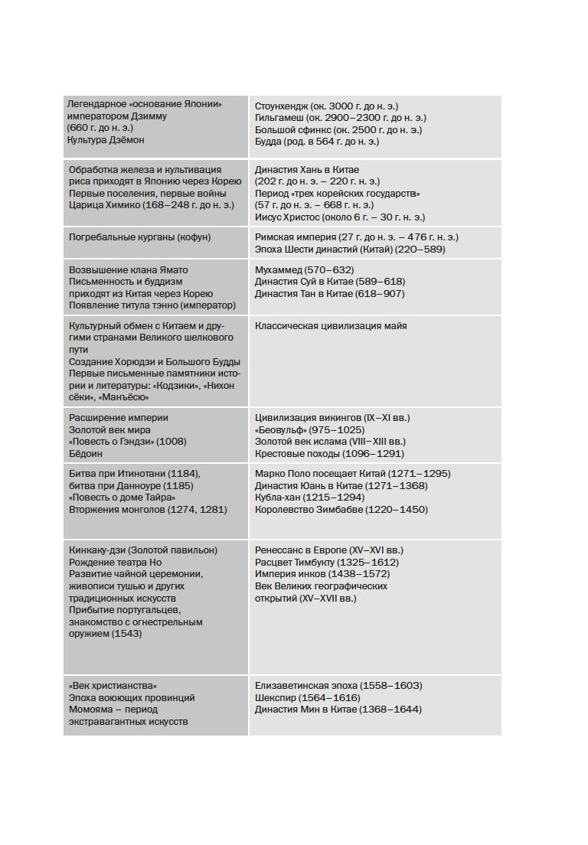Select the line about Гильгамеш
(341, 118)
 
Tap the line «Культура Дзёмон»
(106, 140)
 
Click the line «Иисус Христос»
(339, 217)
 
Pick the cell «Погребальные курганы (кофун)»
(139, 237)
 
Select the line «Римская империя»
(357, 237)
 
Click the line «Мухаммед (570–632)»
(305, 269)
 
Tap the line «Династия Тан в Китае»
(329, 293)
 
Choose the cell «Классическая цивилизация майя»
(331, 326)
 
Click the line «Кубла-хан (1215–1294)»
(309, 498)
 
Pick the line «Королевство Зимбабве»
(341, 509)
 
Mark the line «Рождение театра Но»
(116, 563)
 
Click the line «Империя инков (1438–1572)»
(322, 574)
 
